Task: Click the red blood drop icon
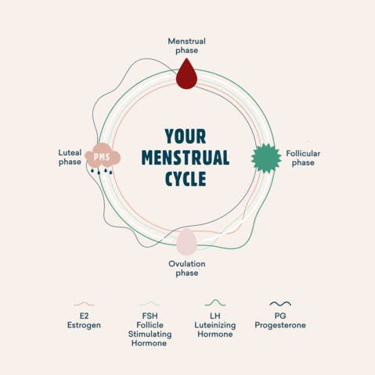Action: point(186,74)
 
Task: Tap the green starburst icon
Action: point(266,158)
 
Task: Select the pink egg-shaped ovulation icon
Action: point(186,242)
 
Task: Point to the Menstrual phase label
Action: point(186,45)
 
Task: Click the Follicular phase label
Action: point(303,158)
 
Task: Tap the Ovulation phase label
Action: point(187,268)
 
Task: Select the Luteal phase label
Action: point(70,157)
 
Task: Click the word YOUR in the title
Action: point(186,136)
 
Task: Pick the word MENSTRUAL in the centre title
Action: point(186,158)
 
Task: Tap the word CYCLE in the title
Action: point(186,179)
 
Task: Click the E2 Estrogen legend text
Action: point(84,320)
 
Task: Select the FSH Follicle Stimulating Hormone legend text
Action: point(150,330)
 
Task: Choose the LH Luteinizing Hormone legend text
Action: point(215,325)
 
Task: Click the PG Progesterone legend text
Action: point(280,320)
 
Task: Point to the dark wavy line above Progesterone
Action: point(280,303)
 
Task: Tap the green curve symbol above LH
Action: point(215,302)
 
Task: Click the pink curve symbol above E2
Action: point(84,304)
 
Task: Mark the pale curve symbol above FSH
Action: point(150,303)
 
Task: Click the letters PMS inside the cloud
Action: point(102,157)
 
